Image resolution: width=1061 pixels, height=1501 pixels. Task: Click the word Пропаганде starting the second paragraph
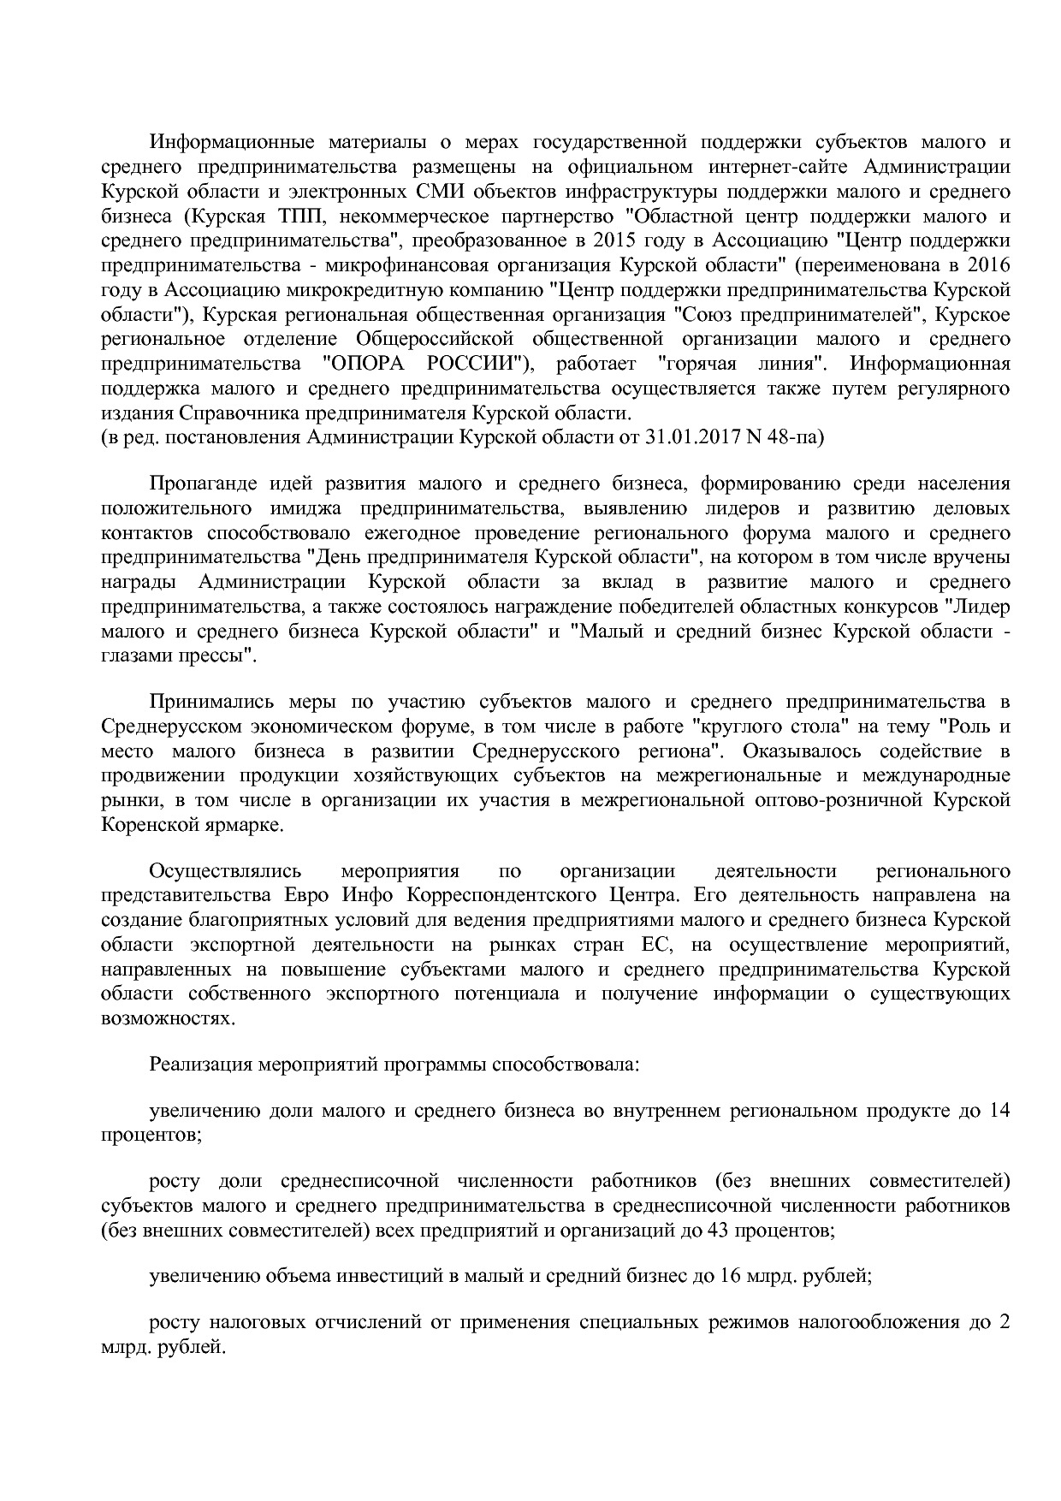(x=203, y=484)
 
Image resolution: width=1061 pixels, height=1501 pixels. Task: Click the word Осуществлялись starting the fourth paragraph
(x=225, y=871)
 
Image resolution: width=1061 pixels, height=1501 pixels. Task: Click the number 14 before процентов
(x=999, y=1112)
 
